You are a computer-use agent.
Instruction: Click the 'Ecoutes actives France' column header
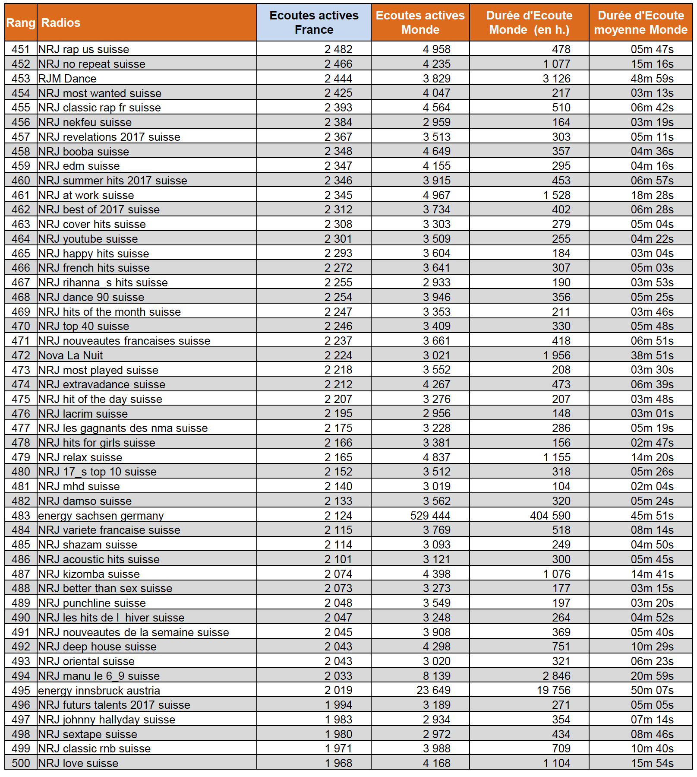[314, 22]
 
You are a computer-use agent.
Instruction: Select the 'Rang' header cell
[21, 22]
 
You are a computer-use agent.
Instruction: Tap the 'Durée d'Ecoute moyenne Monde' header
[640, 22]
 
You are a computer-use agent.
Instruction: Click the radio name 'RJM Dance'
[67, 79]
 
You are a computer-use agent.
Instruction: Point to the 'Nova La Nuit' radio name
[70, 355]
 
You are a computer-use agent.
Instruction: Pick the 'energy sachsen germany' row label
[101, 516]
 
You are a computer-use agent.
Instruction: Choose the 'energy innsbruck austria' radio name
[99, 691]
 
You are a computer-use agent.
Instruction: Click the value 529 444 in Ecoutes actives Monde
[430, 516]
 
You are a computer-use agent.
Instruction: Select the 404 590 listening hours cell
[550, 516]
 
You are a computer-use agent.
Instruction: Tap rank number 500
[21, 763]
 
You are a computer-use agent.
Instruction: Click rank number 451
[21, 49]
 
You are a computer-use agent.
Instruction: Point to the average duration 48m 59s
[652, 79]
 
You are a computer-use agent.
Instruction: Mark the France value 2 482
[338, 49]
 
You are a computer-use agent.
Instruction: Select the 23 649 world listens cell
[433, 690]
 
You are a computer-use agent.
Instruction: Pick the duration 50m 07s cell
[652, 690]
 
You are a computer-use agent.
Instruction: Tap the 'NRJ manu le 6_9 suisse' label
[99, 676]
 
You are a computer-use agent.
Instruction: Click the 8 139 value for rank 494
[436, 676]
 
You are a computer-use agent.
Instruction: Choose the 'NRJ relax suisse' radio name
[80, 457]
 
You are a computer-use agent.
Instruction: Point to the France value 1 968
[338, 763]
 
